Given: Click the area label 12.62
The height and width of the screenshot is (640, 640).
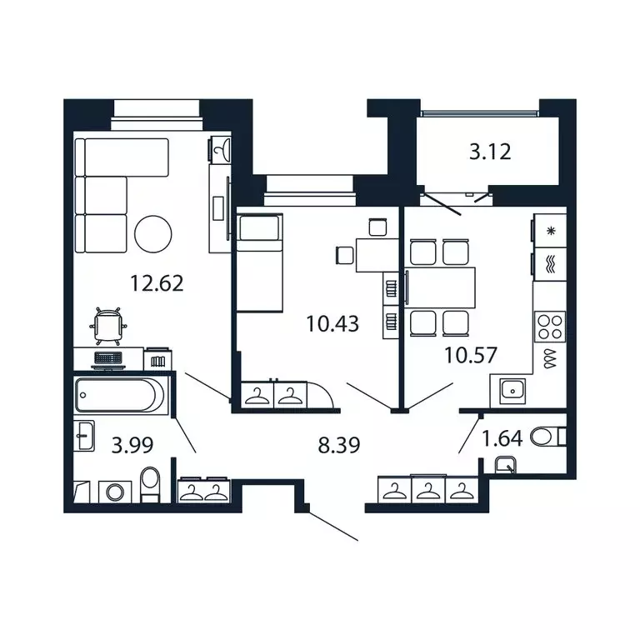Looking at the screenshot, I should click(x=156, y=283).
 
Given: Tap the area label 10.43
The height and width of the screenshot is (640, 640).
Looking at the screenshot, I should click(x=332, y=323).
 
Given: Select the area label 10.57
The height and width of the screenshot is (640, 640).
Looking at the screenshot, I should click(x=471, y=355).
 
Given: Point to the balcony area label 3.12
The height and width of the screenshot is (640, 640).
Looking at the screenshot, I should click(x=489, y=152).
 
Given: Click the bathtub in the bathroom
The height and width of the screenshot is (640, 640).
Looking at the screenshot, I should click(x=120, y=395).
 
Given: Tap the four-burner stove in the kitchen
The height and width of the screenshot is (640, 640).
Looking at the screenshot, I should click(x=550, y=325).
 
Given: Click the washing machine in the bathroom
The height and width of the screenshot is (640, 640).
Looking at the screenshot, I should click(x=111, y=492).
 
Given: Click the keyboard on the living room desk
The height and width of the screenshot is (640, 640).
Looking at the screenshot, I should click(x=107, y=357).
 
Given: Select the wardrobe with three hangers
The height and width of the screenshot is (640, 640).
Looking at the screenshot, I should click(x=423, y=490).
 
